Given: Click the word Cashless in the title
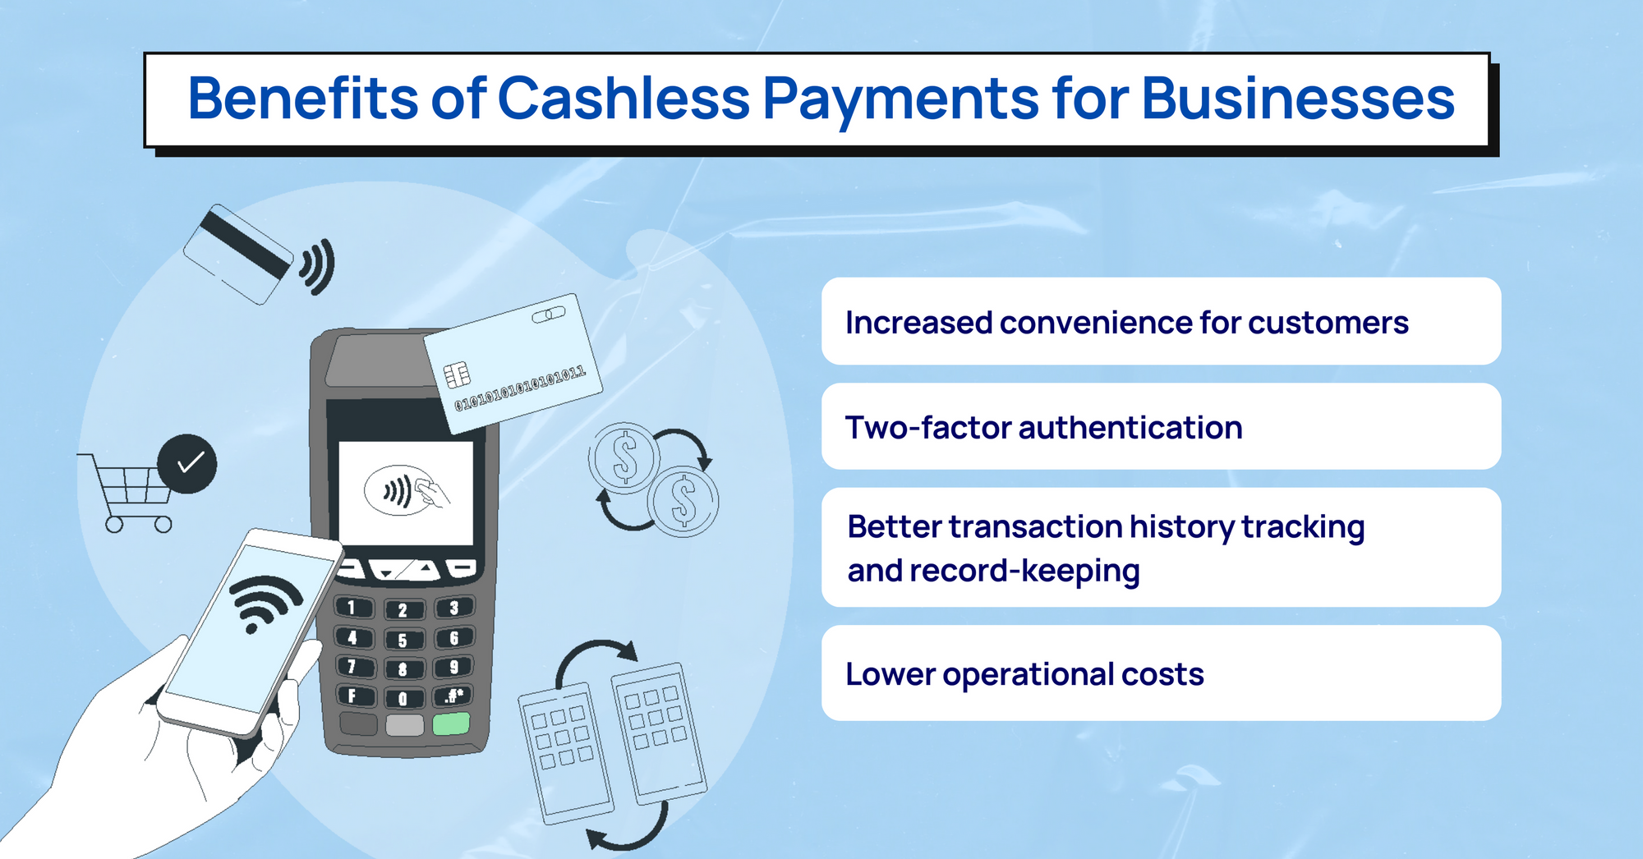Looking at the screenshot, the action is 624,99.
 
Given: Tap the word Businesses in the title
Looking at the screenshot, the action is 1298,99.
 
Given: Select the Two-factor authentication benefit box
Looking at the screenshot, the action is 1161,426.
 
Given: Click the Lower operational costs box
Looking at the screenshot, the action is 1161,673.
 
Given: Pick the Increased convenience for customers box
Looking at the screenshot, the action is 1161,321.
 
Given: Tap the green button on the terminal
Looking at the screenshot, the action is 450,723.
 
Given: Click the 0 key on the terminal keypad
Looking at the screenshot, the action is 403,698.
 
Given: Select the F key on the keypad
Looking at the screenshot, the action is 353,696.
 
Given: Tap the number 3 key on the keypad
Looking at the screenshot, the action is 453,608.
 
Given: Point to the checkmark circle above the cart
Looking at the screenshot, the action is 187,464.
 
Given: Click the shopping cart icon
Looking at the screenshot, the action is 127,491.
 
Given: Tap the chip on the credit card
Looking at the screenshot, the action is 457,375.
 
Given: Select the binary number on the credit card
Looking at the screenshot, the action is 520,388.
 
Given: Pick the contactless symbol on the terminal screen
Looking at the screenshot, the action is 398,492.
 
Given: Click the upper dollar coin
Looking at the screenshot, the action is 624,458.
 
